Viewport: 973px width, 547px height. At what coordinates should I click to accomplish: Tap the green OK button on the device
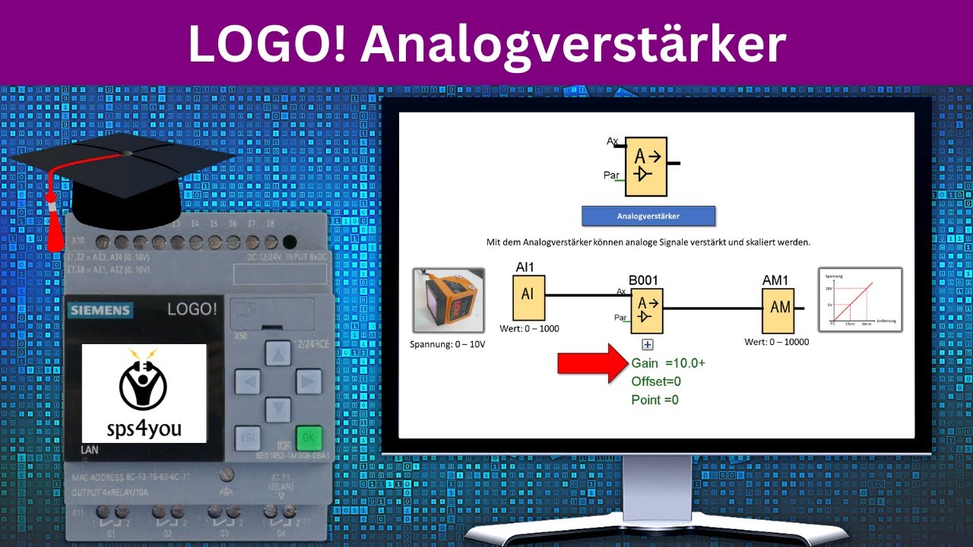pyautogui.click(x=309, y=438)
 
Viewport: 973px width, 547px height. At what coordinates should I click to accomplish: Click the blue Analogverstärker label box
pyautogui.click(x=648, y=216)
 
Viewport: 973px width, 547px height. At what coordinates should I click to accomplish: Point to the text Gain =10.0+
pyautogui.click(x=668, y=363)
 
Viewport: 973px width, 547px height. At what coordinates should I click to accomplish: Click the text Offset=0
pyautogui.click(x=656, y=381)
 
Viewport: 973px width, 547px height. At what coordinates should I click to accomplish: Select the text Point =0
pyautogui.click(x=654, y=400)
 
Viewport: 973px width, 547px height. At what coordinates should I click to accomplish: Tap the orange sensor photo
pyautogui.click(x=448, y=300)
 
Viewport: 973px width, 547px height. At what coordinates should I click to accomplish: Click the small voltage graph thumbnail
pyautogui.click(x=859, y=299)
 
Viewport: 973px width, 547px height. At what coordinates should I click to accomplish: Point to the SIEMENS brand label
pyautogui.click(x=100, y=310)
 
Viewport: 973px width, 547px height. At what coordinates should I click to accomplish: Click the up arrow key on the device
pyautogui.click(x=277, y=353)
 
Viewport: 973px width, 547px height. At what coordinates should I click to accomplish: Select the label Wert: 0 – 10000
pyautogui.click(x=777, y=342)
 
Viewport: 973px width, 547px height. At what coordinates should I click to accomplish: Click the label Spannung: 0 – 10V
pyautogui.click(x=447, y=344)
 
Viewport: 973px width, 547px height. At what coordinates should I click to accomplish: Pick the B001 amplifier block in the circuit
pyautogui.click(x=646, y=309)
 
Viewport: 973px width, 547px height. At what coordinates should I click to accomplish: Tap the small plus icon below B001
pyautogui.click(x=647, y=344)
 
